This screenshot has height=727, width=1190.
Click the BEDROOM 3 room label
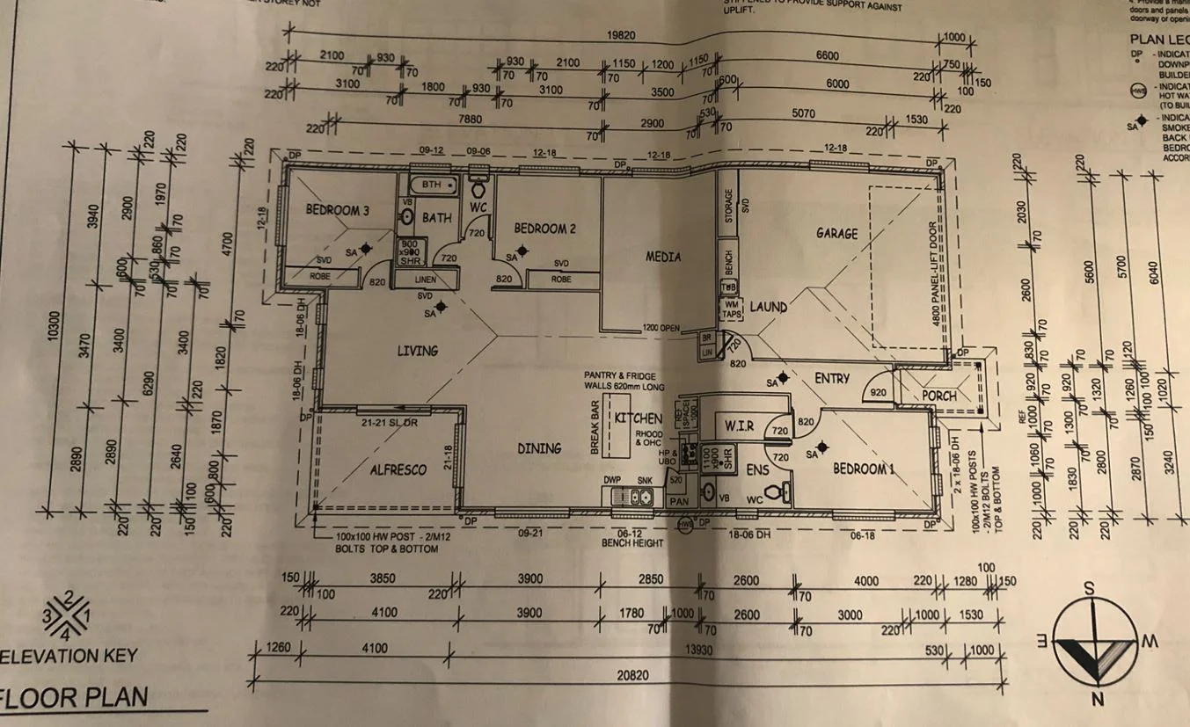click(x=337, y=210)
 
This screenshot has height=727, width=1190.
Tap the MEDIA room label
click(x=664, y=257)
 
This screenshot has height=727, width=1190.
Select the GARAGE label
click(x=836, y=234)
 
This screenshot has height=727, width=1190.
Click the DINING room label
click(x=539, y=448)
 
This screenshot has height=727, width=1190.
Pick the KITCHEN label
click(x=638, y=418)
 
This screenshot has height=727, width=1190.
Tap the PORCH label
click(x=938, y=396)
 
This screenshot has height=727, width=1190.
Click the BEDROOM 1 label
click(x=865, y=469)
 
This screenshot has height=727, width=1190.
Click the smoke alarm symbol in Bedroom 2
click(x=522, y=251)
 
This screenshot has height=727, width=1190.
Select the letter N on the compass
click(x=1097, y=700)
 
